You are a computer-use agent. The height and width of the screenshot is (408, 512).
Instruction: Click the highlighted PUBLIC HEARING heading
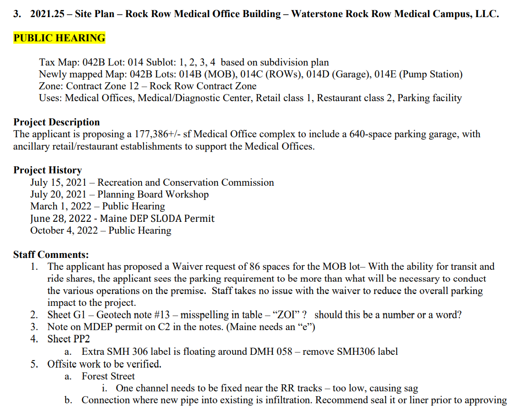coord(59,38)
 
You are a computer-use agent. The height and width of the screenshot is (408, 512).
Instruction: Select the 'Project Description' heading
coord(57,122)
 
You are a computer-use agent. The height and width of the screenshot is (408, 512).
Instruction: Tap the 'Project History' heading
coord(47,170)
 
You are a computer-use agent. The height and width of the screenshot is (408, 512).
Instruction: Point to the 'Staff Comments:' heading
coord(51,255)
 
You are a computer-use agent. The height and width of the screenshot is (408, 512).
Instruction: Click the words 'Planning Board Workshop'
coord(153,194)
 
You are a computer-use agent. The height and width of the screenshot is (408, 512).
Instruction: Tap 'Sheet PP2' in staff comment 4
coord(68,339)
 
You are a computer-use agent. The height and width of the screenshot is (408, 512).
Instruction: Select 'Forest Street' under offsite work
coord(108,376)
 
